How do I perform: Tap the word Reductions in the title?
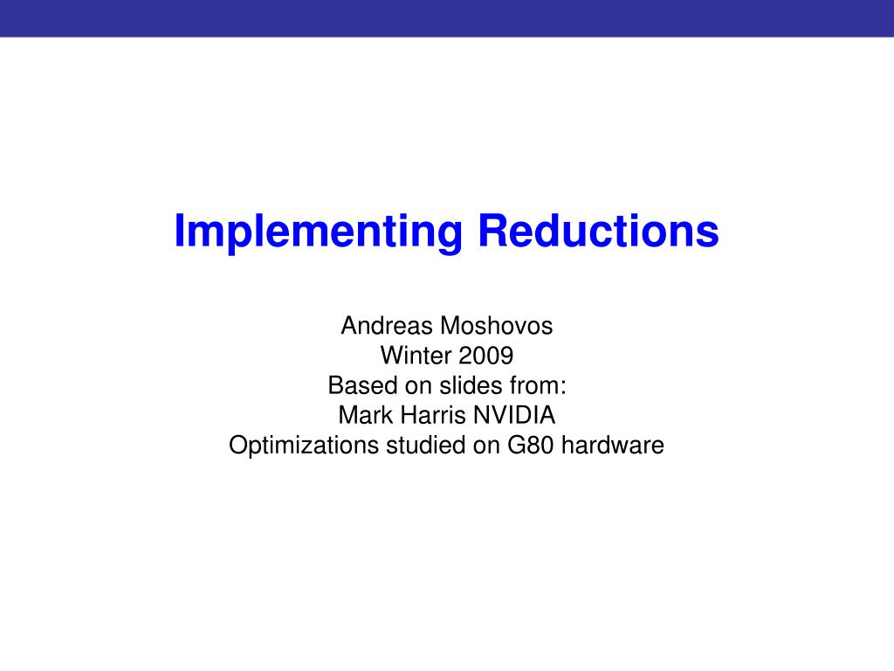[598, 230]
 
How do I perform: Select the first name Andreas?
[387, 327]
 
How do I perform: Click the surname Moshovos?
[497, 327]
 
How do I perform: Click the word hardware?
[613, 446]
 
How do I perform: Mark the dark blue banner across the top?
[447, 18]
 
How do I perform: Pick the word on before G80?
[485, 446]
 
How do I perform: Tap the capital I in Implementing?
[179, 231]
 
